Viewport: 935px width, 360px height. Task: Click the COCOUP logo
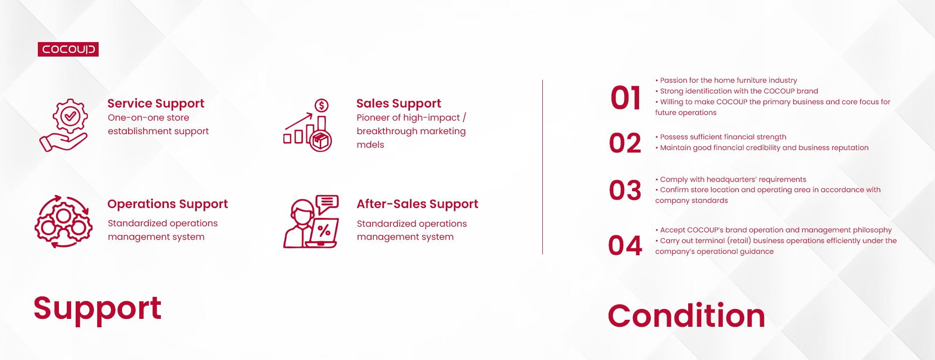(68, 49)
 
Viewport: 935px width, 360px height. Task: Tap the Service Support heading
(156, 103)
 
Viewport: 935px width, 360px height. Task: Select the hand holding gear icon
(64, 125)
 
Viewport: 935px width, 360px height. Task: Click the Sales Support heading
(399, 103)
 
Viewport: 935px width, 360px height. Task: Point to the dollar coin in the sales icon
(322, 106)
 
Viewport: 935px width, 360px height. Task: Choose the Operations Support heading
(168, 204)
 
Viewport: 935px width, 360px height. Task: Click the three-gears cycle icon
(64, 222)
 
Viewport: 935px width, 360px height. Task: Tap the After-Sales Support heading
(417, 204)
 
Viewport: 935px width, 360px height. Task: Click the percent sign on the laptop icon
(324, 230)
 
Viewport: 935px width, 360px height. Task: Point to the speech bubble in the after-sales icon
(327, 203)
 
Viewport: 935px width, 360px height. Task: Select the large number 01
(626, 98)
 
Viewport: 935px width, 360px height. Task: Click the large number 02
(626, 143)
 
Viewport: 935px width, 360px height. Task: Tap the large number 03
(626, 190)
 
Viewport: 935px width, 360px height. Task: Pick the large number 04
(626, 245)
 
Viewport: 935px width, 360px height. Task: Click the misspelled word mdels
(370, 145)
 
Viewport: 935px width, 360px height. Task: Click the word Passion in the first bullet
(674, 80)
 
